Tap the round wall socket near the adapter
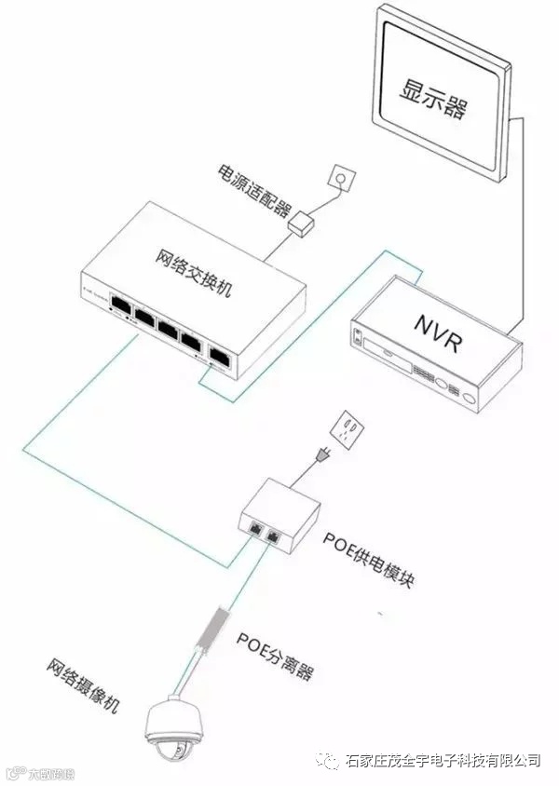point(343,177)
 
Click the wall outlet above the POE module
point(348,429)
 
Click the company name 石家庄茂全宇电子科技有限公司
point(443,760)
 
